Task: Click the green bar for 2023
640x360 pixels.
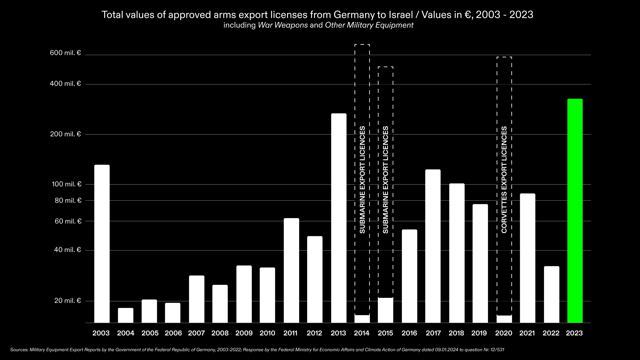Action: click(575, 211)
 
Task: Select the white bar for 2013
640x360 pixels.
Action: click(339, 218)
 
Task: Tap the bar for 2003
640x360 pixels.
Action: click(102, 244)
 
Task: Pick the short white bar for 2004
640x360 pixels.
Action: click(126, 315)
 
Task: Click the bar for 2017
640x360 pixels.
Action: click(433, 246)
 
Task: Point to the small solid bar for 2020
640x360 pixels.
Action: click(504, 319)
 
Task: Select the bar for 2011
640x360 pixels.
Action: click(291, 270)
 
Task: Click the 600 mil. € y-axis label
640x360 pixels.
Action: click(65, 53)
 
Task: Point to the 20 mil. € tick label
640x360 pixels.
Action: click(67, 301)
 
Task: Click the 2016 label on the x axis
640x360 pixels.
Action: click(409, 333)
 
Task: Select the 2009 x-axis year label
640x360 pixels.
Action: click(244, 333)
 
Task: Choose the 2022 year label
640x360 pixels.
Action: click(551, 333)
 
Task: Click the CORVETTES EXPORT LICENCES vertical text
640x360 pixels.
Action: click(504, 180)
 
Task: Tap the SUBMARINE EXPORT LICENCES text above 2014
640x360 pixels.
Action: click(362, 180)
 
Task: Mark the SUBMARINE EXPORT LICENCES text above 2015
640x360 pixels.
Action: click(386, 180)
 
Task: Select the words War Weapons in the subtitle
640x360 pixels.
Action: click(283, 25)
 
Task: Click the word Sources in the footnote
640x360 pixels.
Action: click(19, 350)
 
